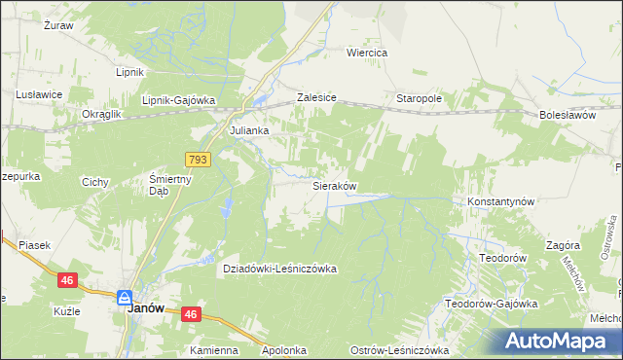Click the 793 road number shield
[x=198, y=159]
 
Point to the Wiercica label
[x=368, y=53]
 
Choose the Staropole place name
[x=420, y=99]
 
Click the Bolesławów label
[x=567, y=115]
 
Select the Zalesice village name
[x=316, y=99]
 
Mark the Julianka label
[x=248, y=129]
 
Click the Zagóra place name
[x=564, y=246]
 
